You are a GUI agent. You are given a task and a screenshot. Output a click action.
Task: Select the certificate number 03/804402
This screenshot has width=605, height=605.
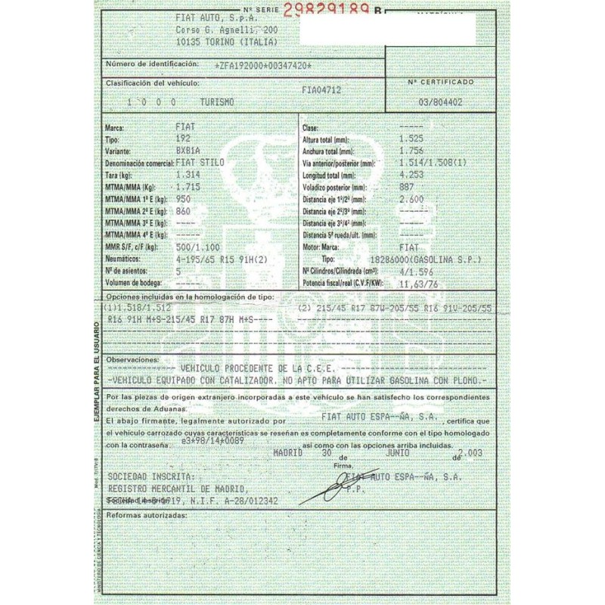click(x=440, y=101)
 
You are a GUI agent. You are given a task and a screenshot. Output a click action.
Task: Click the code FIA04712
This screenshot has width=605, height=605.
click(x=321, y=89)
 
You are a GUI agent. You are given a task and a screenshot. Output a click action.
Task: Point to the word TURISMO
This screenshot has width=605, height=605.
click(x=217, y=101)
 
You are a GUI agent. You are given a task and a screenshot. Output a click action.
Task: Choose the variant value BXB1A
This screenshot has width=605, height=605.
click(x=188, y=150)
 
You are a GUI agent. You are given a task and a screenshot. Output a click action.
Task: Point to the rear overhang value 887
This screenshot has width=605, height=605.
click(x=406, y=185)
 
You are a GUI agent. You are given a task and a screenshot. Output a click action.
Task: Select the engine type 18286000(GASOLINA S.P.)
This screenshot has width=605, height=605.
click(x=436, y=259)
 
